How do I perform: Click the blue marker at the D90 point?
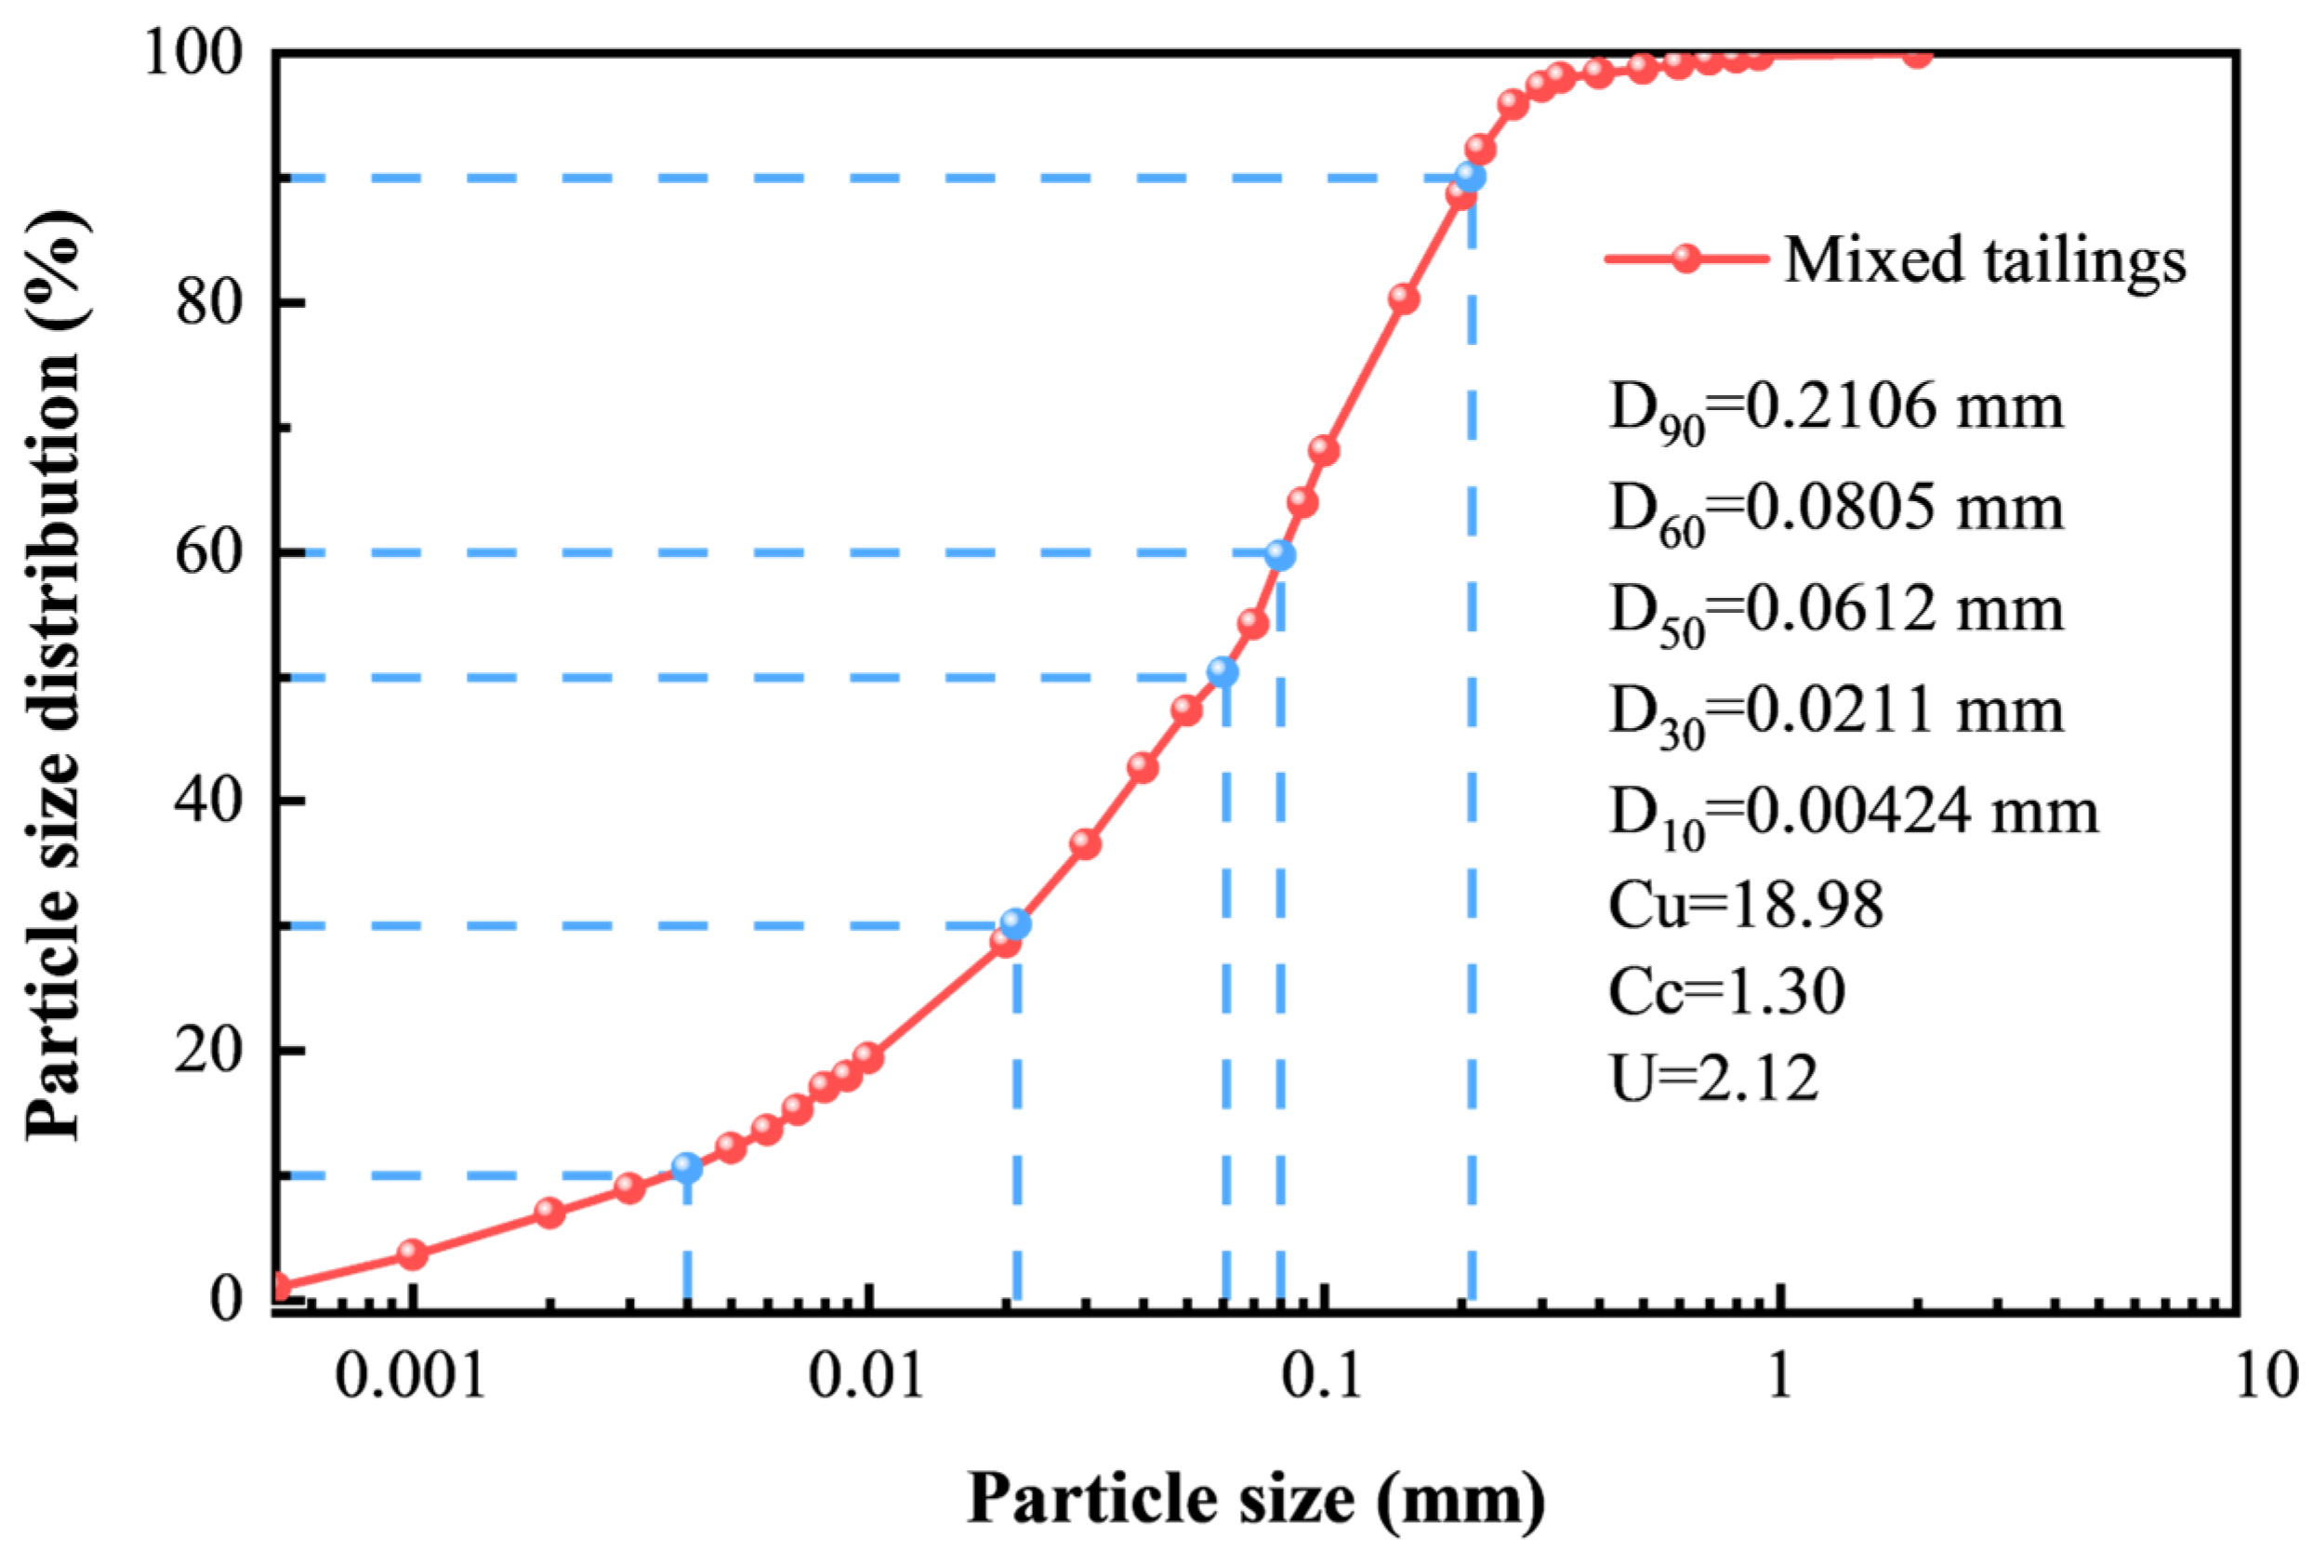click(1469, 178)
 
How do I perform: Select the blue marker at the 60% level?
click(1280, 555)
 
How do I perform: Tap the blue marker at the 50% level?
click(1223, 672)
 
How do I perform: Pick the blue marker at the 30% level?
click(1015, 924)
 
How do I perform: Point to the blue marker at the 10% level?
click(687, 1168)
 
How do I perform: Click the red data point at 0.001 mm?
click(413, 1254)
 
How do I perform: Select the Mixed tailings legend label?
click(1985, 261)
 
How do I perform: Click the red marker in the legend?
click(1685, 258)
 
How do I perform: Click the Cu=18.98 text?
click(1746, 905)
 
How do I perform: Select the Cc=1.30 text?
click(1726, 991)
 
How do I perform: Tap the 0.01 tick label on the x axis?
click(866, 1377)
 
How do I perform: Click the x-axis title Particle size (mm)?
click(1256, 1498)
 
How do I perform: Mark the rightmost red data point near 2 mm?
click(1918, 55)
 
